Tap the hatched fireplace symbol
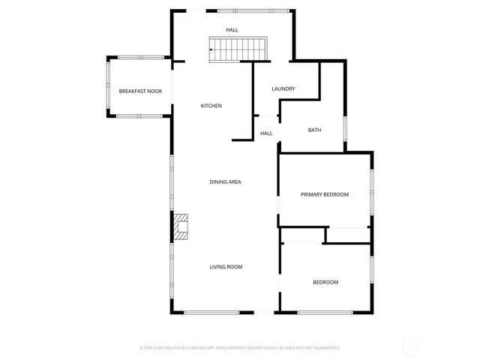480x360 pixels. click(181, 226)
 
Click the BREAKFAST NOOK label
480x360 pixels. click(140, 91)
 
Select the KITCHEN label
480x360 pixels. click(211, 106)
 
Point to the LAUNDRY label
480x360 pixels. click(283, 88)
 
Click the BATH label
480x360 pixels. click(315, 130)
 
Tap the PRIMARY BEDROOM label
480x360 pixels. click(325, 194)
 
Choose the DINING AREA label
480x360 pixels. click(225, 181)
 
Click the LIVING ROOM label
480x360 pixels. click(225, 266)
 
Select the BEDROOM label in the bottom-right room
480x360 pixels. click(325, 282)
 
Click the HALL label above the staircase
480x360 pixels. click(232, 29)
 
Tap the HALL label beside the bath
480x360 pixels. click(266, 133)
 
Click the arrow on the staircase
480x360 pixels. click(214, 49)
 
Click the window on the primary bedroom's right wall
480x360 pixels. click(371, 193)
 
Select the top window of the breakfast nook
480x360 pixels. click(141, 56)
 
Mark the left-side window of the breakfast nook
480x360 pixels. click(108, 86)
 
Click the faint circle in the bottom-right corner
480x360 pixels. click(410, 347)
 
